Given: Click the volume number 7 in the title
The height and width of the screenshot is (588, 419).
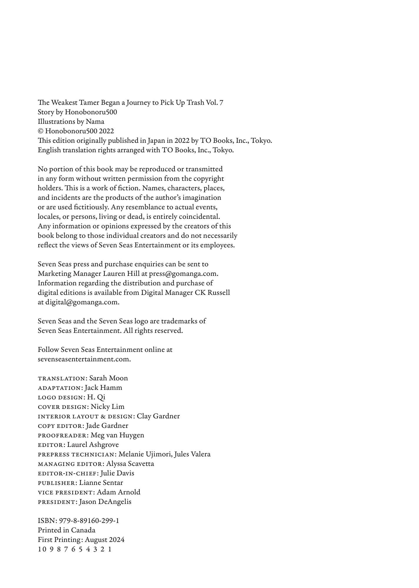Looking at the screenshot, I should tap(221, 103).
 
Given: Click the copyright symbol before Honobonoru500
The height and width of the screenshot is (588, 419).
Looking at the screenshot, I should tap(41, 131).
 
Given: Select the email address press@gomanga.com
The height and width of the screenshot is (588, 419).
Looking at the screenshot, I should tap(183, 274).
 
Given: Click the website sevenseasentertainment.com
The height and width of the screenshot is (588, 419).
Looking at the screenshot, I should tap(84, 359).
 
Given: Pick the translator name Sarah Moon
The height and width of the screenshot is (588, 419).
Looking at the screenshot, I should tap(109, 378).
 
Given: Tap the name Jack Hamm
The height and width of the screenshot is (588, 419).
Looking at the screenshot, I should tap(103, 388).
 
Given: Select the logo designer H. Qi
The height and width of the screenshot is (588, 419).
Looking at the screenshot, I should tap(96, 397).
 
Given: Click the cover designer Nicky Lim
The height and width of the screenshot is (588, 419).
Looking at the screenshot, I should tap(107, 407).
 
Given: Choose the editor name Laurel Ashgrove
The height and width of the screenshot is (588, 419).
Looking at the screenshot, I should tap(93, 445).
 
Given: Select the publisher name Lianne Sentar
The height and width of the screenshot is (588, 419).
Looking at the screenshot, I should tap(101, 483).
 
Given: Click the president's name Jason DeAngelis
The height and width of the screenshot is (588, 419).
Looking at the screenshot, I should tap(105, 502).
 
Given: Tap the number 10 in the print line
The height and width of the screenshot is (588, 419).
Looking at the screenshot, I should tap(41, 549).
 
